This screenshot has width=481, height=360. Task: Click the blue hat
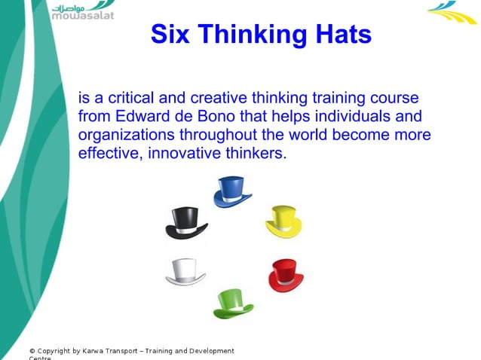tap(231, 191)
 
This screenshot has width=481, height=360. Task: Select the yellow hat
tap(283, 221)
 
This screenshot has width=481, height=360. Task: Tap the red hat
tap(286, 275)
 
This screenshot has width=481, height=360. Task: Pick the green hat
tap(232, 303)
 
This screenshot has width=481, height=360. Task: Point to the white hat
tap(185, 272)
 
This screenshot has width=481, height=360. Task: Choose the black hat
tap(185, 224)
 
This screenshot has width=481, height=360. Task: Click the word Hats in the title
tap(339, 34)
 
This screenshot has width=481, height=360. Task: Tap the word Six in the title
tap(169, 34)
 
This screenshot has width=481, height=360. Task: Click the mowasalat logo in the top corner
tap(82, 11)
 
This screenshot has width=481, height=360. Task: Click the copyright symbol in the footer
tap(32, 351)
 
